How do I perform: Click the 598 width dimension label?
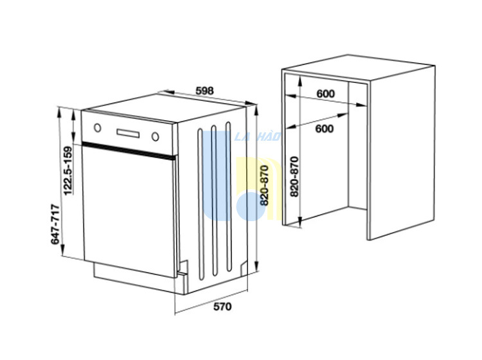tap(204, 91)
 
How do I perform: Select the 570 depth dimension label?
tap(222, 307)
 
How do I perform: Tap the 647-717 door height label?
tap(55, 224)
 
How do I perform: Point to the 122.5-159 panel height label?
tap(67, 170)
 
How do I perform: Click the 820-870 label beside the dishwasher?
tap(264, 185)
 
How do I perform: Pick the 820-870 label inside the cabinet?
tap(294, 177)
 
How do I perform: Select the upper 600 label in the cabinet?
tap(325, 94)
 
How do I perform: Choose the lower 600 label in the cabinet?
tap(325, 129)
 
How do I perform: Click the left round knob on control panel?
tap(98, 127)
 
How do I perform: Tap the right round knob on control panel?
tap(156, 136)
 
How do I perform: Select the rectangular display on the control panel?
tap(128, 133)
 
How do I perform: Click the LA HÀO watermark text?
tap(258, 136)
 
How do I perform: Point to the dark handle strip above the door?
tap(129, 151)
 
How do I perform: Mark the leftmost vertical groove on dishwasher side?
tap(201, 204)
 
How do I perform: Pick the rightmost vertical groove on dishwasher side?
tap(228, 197)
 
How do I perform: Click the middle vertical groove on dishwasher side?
tap(214, 201)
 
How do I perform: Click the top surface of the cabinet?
tap(359, 68)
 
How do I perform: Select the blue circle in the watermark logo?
tap(251, 206)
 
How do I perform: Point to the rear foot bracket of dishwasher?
tap(244, 268)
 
